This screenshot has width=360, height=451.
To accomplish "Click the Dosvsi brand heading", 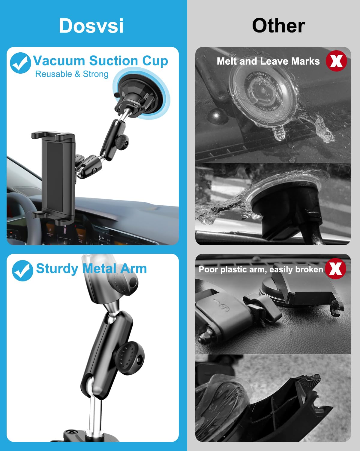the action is [91, 26].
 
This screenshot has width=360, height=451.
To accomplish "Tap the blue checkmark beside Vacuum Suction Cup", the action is [20, 63].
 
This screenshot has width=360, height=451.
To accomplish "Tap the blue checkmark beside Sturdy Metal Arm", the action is [22, 271].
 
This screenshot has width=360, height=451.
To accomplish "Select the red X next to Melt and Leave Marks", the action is [336, 61].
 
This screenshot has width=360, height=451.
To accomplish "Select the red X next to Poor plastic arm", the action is [335, 268].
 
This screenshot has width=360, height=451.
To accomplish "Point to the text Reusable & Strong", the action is [72, 74].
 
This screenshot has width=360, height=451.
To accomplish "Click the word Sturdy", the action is [57, 269].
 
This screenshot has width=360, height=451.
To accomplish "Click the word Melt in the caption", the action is [227, 61].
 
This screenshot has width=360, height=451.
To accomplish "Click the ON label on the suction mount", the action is [136, 106].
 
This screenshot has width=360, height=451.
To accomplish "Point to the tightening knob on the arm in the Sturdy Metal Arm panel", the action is [129, 358].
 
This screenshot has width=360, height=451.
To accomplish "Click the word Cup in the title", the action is [155, 61].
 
